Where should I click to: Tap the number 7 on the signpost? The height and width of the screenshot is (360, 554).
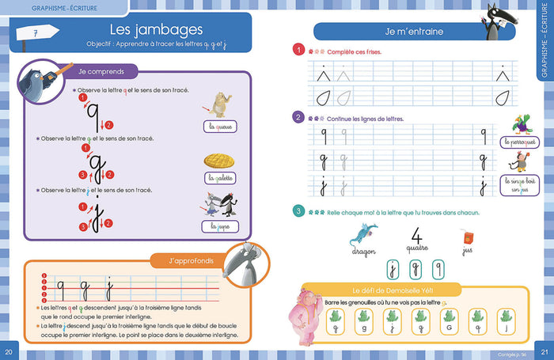pos(36,32)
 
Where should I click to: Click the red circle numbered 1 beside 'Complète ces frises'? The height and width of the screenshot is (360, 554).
pos(298,51)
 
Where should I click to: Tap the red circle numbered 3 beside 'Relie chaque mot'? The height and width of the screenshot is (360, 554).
pos(298,211)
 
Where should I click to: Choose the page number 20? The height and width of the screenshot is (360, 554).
pos(9,352)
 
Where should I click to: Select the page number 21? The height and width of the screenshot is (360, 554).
pos(544,352)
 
